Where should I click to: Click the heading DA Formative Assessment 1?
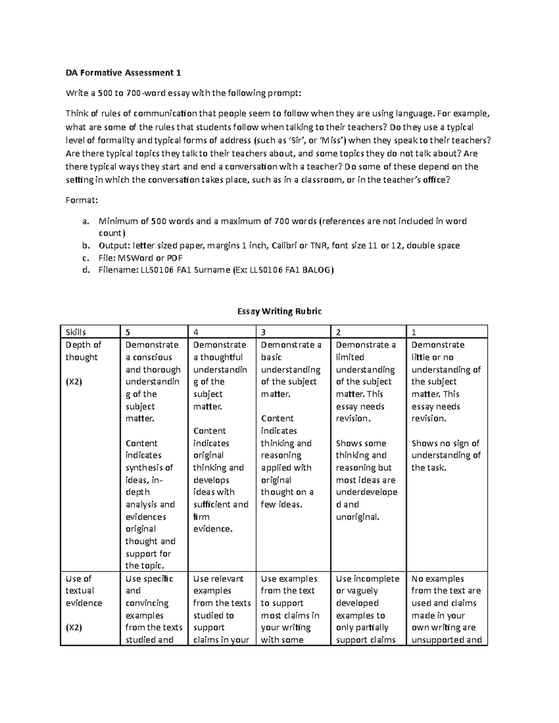[x=123, y=73]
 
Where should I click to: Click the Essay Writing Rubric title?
[x=279, y=311]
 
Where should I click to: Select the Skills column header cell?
[x=76, y=332]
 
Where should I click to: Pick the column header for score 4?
[x=196, y=332]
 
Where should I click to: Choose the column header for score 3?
[x=263, y=332]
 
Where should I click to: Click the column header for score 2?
[x=339, y=332]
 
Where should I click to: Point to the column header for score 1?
[x=414, y=332]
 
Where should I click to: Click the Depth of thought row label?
[x=83, y=351]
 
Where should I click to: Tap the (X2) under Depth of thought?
[x=74, y=382]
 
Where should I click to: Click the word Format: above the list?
[x=82, y=200]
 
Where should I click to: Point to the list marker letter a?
[x=85, y=221]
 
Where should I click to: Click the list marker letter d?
[x=85, y=270]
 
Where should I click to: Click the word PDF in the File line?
[x=173, y=257]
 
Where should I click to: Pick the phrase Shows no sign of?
[x=445, y=443]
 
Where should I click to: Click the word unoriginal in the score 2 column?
[x=357, y=517]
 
